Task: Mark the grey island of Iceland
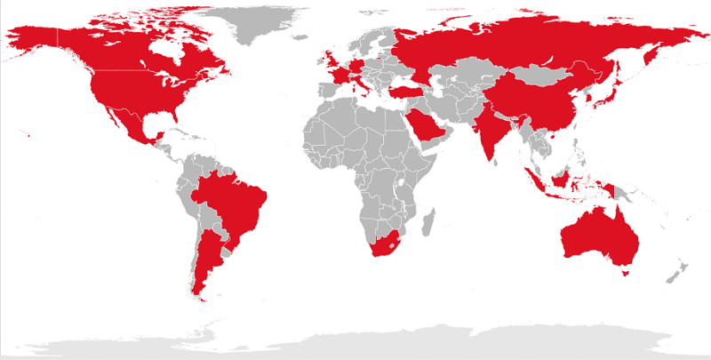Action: click(304, 41)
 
